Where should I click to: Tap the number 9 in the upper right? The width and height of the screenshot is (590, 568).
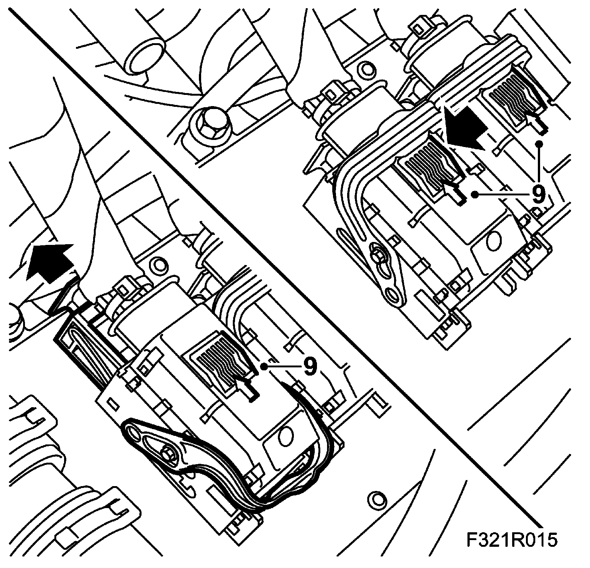537,194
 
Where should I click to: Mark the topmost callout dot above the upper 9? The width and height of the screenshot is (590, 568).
539,143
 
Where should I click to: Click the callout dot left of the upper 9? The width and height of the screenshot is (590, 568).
475,194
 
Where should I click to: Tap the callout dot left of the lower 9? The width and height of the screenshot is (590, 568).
264,367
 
